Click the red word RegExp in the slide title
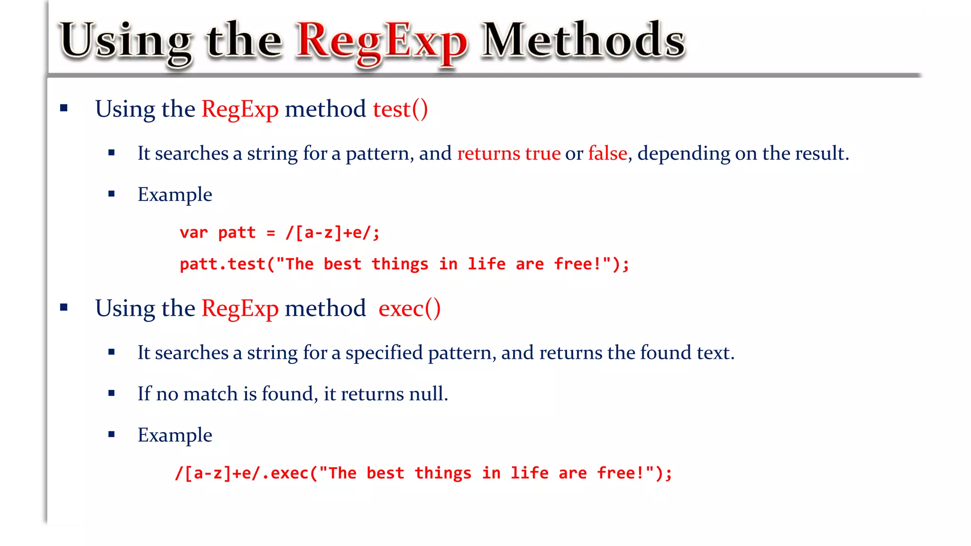pos(382,43)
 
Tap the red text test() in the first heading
pos(400,109)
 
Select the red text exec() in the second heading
pos(409,309)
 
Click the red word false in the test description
pos(607,154)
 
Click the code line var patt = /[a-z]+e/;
pos(280,233)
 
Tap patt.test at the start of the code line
pos(222,264)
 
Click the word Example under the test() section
pos(174,195)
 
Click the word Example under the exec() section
pos(174,435)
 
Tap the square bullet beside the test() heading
pos(64,109)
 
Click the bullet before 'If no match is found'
pos(111,393)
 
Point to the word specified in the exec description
pos(384,353)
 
